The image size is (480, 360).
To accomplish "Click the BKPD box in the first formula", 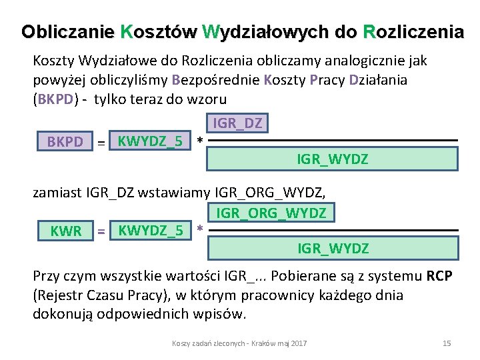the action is (65, 142).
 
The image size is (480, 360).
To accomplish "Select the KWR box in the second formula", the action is (66, 231).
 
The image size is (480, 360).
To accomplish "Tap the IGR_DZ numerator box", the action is (238, 123).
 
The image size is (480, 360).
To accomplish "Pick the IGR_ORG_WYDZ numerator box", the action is (271, 213).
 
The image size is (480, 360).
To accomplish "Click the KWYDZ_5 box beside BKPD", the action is (150, 141).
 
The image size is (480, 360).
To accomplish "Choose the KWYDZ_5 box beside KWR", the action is (150, 231).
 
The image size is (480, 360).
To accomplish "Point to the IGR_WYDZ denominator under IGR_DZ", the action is (333, 159).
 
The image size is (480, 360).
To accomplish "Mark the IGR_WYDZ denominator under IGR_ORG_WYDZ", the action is (333, 249).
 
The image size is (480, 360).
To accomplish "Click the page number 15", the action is (447, 343).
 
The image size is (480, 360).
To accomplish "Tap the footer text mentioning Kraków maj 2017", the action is (239, 343).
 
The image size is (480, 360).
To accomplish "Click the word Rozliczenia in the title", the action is (413, 31).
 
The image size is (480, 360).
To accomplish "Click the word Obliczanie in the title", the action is (67, 31).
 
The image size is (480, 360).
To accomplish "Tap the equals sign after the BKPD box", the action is (101, 142).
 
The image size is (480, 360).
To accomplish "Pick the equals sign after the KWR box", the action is (101, 231).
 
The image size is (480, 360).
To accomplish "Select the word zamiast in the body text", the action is (57, 194).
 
